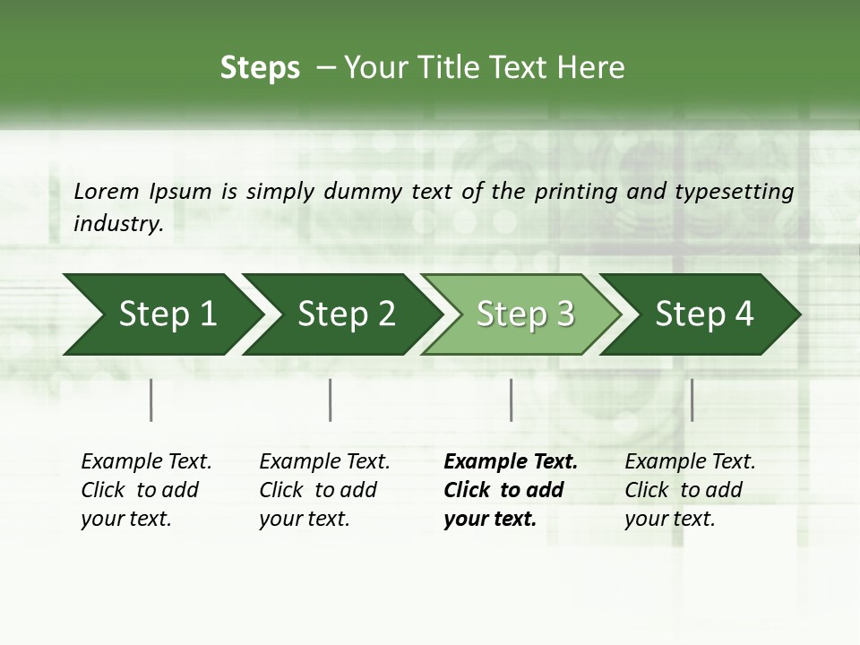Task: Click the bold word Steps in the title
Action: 260,68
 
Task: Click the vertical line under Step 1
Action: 151,400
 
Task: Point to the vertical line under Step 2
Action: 331,400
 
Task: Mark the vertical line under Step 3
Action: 511,400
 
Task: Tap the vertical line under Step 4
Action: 692,400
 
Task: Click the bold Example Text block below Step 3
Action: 511,490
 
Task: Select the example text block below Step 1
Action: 146,490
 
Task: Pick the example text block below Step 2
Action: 324,490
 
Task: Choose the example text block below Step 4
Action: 690,490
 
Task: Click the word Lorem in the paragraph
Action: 106,191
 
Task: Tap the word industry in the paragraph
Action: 117,224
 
